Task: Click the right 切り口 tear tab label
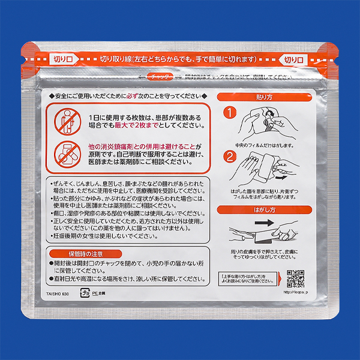coord(295,59)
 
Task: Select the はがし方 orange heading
coord(265,209)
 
